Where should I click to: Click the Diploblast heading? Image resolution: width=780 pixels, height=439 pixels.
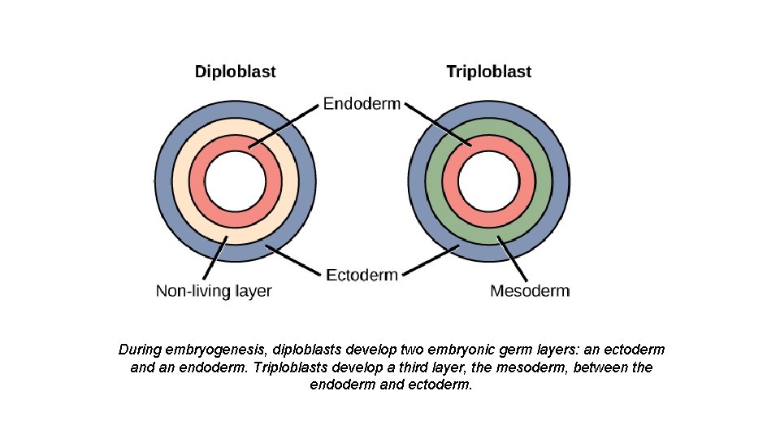click(x=235, y=72)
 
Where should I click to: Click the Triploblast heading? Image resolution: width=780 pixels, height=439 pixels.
click(x=488, y=72)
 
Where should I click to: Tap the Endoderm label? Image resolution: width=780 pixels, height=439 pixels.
click(x=362, y=104)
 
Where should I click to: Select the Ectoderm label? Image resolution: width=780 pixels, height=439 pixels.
click(x=362, y=275)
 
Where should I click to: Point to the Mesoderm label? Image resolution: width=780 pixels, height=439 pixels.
click(x=530, y=291)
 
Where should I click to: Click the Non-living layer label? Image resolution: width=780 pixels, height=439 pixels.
click(x=214, y=291)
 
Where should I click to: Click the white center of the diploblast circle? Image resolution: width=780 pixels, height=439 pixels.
click(x=235, y=180)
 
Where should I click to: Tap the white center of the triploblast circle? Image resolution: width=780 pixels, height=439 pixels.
click(x=488, y=180)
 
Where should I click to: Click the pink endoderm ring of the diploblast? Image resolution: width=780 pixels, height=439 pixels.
click(x=196, y=180)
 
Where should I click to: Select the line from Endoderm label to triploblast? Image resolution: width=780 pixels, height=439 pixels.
click(x=439, y=126)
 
